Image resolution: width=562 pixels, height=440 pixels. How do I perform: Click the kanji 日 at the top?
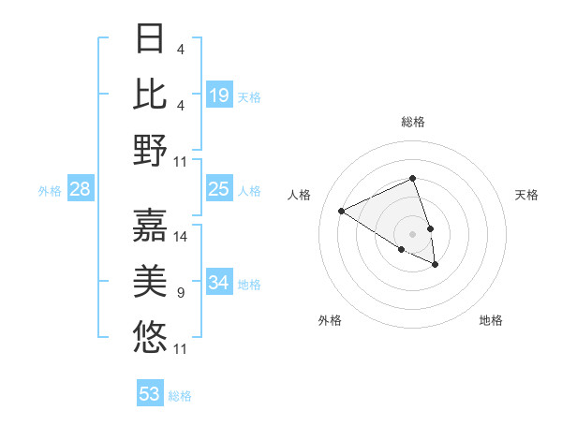[151, 40]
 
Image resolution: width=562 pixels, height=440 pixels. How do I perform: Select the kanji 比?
[151, 95]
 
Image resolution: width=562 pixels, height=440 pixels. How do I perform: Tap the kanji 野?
[151, 150]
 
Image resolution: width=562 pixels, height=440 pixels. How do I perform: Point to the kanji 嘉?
[151, 224]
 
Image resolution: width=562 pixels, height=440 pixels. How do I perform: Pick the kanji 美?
[151, 280]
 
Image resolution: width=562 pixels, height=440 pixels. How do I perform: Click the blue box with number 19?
[219, 95]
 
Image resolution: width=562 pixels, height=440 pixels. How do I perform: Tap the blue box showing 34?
[219, 283]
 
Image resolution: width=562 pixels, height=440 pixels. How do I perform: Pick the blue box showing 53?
[150, 394]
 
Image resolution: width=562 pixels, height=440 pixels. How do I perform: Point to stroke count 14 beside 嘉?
[181, 236]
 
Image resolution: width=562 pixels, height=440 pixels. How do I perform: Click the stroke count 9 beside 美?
[181, 293]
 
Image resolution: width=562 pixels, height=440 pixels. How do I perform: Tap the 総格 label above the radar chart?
[412, 122]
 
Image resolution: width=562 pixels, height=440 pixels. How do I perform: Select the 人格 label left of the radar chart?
[300, 195]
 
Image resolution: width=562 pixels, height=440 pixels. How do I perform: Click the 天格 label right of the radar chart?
[526, 195]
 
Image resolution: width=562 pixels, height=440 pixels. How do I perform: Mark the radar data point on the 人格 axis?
[342, 211]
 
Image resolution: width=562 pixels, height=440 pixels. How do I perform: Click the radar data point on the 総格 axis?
[412, 179]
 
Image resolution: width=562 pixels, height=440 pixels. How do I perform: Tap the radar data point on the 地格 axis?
[436, 265]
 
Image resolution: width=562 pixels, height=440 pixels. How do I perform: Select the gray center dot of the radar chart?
[412, 233]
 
